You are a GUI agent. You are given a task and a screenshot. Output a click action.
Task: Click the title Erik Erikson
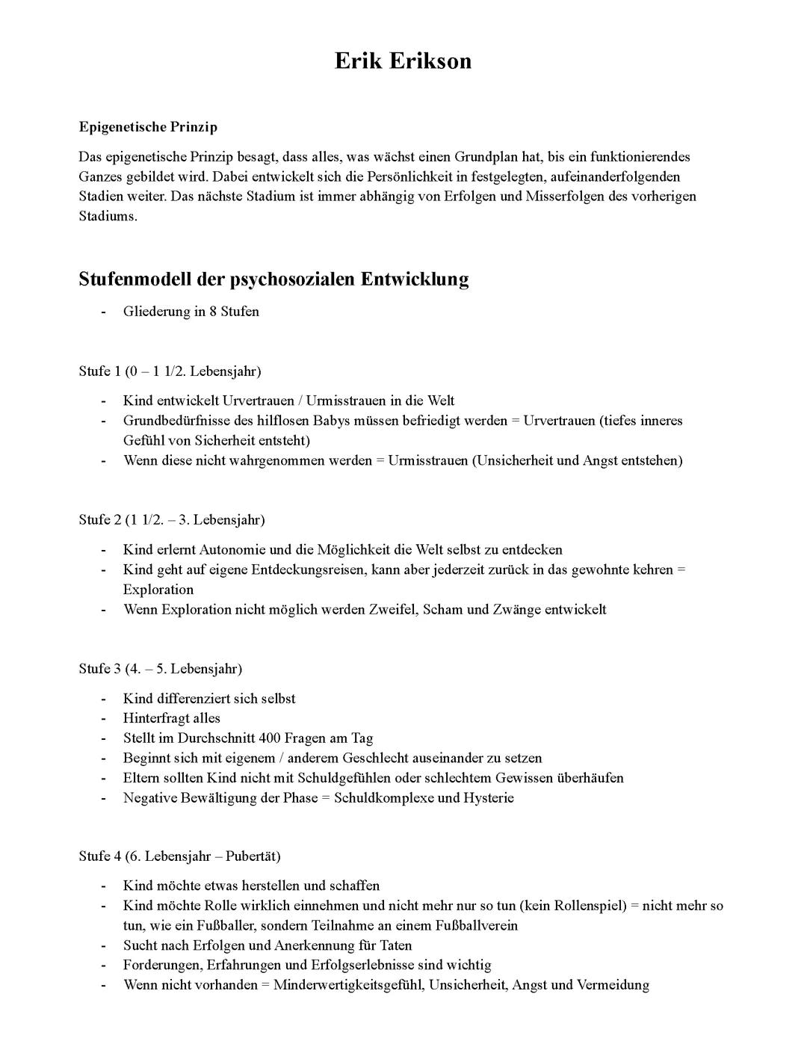pyautogui.click(x=403, y=61)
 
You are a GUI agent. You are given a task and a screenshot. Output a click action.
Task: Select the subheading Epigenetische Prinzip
pyautogui.click(x=148, y=127)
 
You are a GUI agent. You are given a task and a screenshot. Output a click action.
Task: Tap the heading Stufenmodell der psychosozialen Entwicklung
pyautogui.click(x=273, y=279)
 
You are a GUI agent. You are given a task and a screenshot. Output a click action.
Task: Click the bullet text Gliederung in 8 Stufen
pyautogui.click(x=191, y=312)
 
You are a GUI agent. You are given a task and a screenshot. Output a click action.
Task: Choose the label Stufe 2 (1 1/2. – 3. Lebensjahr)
pyautogui.click(x=172, y=519)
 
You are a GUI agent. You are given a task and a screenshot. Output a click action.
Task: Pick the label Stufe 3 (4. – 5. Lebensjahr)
pyautogui.click(x=160, y=669)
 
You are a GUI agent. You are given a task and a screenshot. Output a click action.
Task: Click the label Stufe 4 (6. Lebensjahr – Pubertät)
pyautogui.click(x=179, y=856)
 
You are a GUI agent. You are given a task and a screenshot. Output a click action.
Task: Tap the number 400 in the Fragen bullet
pyautogui.click(x=270, y=738)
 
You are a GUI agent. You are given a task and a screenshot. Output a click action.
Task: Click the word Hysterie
pyautogui.click(x=489, y=798)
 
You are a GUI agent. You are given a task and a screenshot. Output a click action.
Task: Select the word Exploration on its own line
pyautogui.click(x=158, y=590)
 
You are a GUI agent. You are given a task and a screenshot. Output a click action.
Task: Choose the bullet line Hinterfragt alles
pyautogui.click(x=172, y=719)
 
